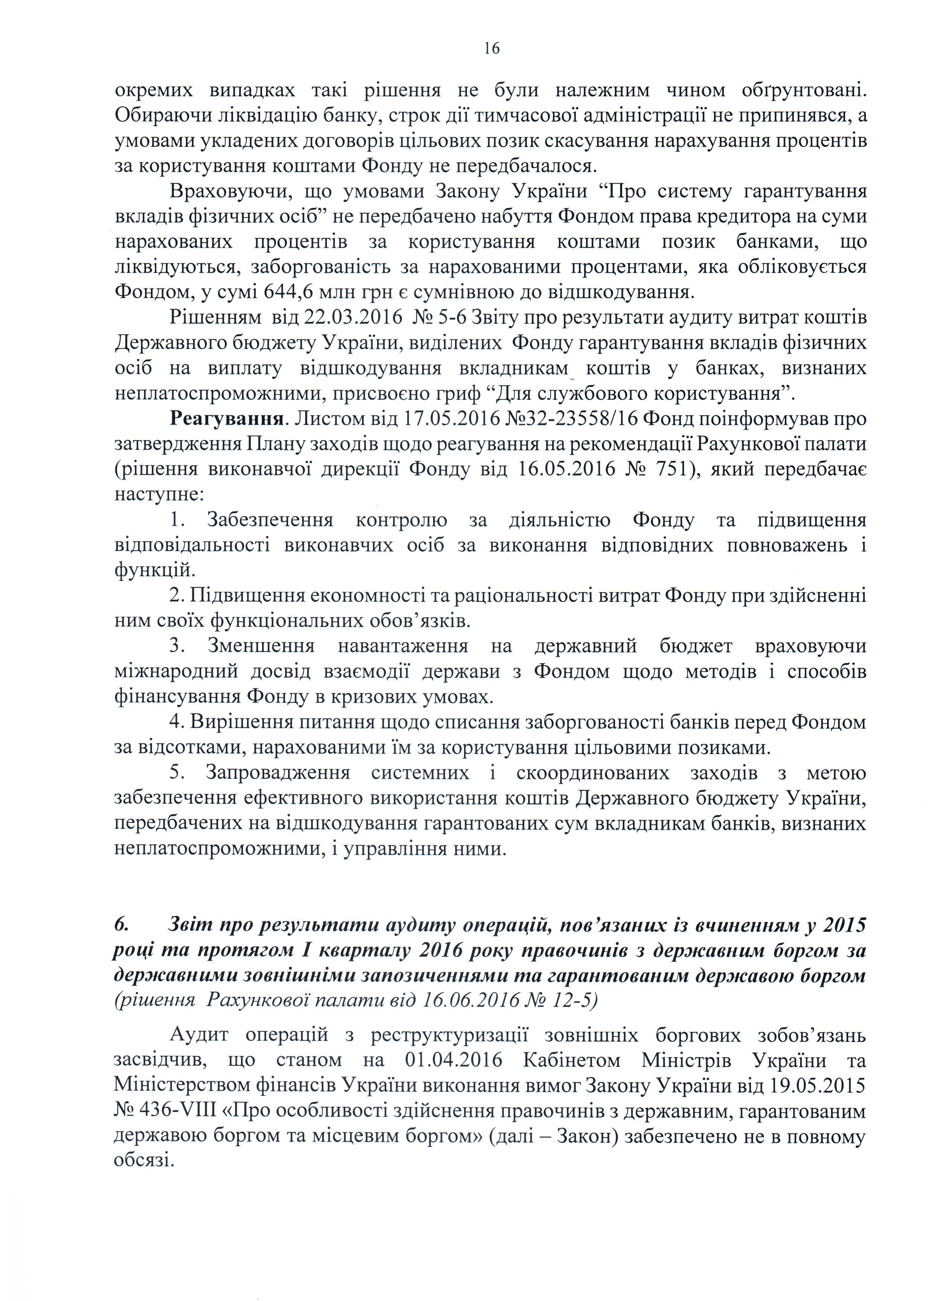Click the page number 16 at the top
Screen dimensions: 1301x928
tap(491, 49)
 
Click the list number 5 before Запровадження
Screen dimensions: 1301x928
tap(176, 773)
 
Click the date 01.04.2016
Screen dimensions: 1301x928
tap(453, 1060)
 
